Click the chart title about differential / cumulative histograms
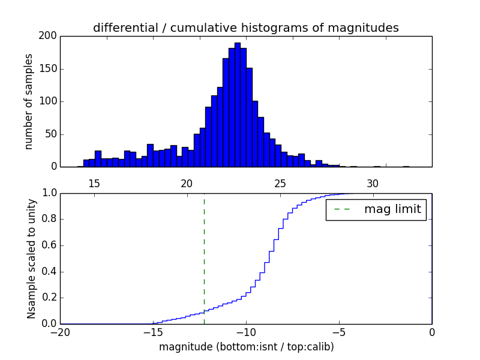point(245,28)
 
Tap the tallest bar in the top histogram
point(238,105)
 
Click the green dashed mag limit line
point(204,258)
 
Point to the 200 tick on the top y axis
point(49,36)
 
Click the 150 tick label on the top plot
point(49,68)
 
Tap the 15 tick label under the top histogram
point(94,183)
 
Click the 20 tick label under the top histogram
point(187,183)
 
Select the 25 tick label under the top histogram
point(280,183)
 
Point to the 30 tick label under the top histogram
point(373,183)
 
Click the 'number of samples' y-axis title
point(29,101)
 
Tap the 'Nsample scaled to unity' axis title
point(31,259)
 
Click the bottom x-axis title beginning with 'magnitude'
point(246,347)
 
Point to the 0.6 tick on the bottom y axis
point(49,245)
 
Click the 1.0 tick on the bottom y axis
point(49,193)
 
